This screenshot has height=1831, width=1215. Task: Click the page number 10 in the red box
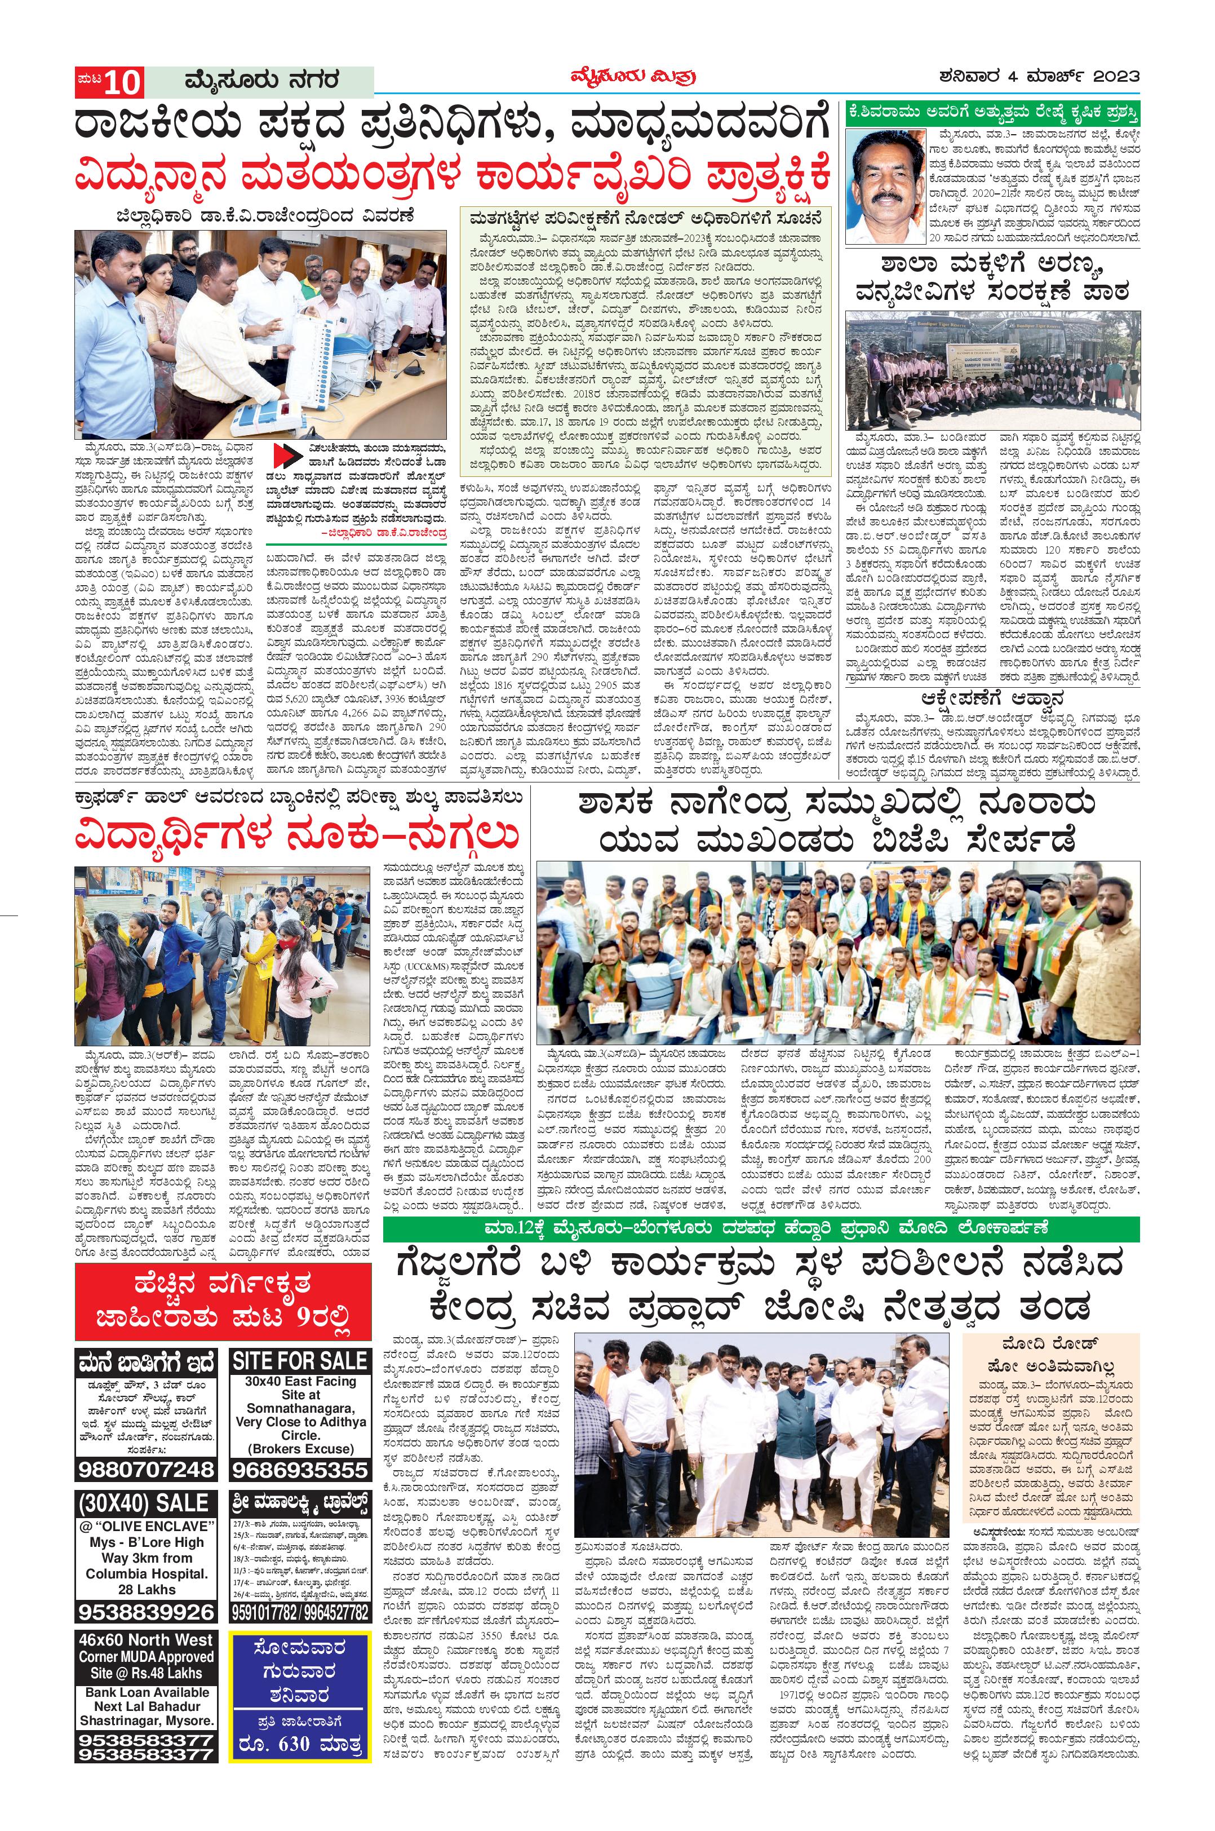point(122,81)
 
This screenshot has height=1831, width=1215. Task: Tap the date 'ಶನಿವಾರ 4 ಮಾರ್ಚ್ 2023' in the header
point(1037,77)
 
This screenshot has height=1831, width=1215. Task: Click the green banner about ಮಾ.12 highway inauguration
point(761,1228)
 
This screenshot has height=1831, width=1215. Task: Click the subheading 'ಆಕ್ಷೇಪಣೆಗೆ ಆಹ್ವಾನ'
point(992,697)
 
